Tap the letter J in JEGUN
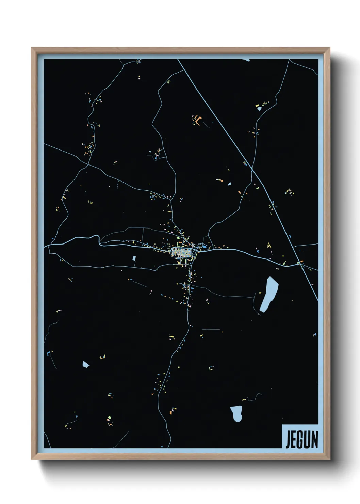point(288,440)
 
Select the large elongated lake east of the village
point(269,294)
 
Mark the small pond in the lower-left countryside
point(85,365)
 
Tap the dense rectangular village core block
point(181,252)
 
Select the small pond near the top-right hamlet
point(260,109)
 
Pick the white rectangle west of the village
point(134,258)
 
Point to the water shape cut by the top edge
point(245,60)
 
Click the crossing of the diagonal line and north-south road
point(251,168)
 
